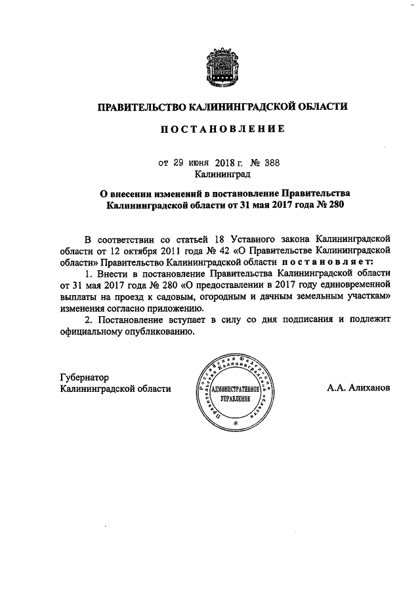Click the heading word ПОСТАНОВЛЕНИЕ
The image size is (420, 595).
pyautogui.click(x=222, y=130)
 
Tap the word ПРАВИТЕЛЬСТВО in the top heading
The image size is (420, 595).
pyautogui.click(x=140, y=106)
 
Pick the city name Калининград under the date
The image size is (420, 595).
pyautogui.click(x=222, y=175)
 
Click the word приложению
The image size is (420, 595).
pyautogui.click(x=173, y=308)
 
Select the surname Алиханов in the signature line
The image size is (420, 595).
pyautogui.click(x=369, y=388)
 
